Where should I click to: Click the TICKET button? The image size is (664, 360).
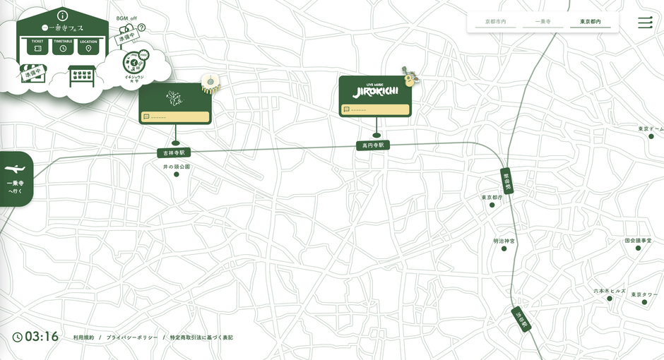pyautogui.click(x=37, y=46)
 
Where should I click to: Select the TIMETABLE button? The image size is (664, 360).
pyautogui.click(x=63, y=46)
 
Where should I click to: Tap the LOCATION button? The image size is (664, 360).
pyautogui.click(x=88, y=46)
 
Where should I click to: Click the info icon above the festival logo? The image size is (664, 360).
pyautogui.click(x=62, y=15)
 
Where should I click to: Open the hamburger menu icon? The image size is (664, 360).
pyautogui.click(x=645, y=23)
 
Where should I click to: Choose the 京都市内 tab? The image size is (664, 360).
pyautogui.click(x=496, y=23)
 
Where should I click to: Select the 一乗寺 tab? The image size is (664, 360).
pyautogui.click(x=543, y=23)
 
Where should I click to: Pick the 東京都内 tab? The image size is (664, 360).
pyautogui.click(x=591, y=23)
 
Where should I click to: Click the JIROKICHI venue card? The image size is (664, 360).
pyautogui.click(x=375, y=96)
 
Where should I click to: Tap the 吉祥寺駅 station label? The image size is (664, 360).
pyautogui.click(x=174, y=152)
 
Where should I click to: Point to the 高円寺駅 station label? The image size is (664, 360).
pyautogui.click(x=372, y=145)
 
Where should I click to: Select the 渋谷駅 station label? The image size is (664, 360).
pyautogui.click(x=521, y=320)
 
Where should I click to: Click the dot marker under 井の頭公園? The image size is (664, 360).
pyautogui.click(x=177, y=174)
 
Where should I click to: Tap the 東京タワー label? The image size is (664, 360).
pyautogui.click(x=644, y=294)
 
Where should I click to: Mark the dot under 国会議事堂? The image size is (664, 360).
pyautogui.click(x=642, y=248)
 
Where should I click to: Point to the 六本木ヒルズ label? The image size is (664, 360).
pyautogui.click(x=609, y=291)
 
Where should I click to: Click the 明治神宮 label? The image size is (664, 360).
pyautogui.click(x=504, y=241)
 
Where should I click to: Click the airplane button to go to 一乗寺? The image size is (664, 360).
pyautogui.click(x=16, y=178)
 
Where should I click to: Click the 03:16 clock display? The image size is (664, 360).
pyautogui.click(x=36, y=337)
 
